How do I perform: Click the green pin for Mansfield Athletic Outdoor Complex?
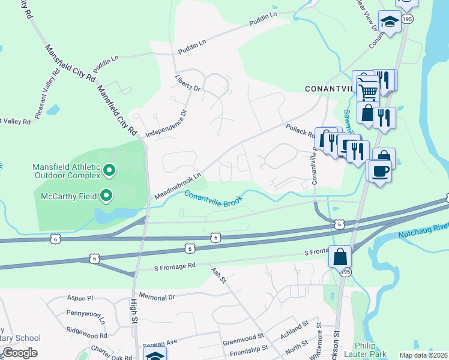point(109,171)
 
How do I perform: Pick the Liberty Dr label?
point(187,83)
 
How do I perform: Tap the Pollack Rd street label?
point(300,130)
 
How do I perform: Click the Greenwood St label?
point(243,340)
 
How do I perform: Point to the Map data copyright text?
point(423,355)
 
